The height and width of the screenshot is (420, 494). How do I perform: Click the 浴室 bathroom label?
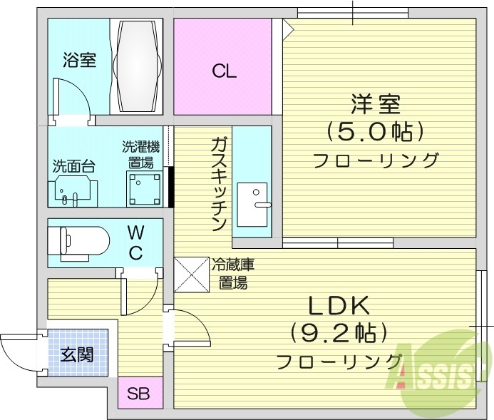point(79,60)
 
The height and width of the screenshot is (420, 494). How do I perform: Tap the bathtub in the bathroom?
point(138,66)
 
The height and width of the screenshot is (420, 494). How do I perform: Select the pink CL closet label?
point(223,71)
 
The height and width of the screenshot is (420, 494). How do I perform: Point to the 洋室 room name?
point(375,105)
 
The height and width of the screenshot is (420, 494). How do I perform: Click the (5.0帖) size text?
point(375,132)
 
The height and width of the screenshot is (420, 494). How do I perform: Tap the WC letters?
point(136,242)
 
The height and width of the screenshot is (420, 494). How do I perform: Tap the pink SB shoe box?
point(139,394)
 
